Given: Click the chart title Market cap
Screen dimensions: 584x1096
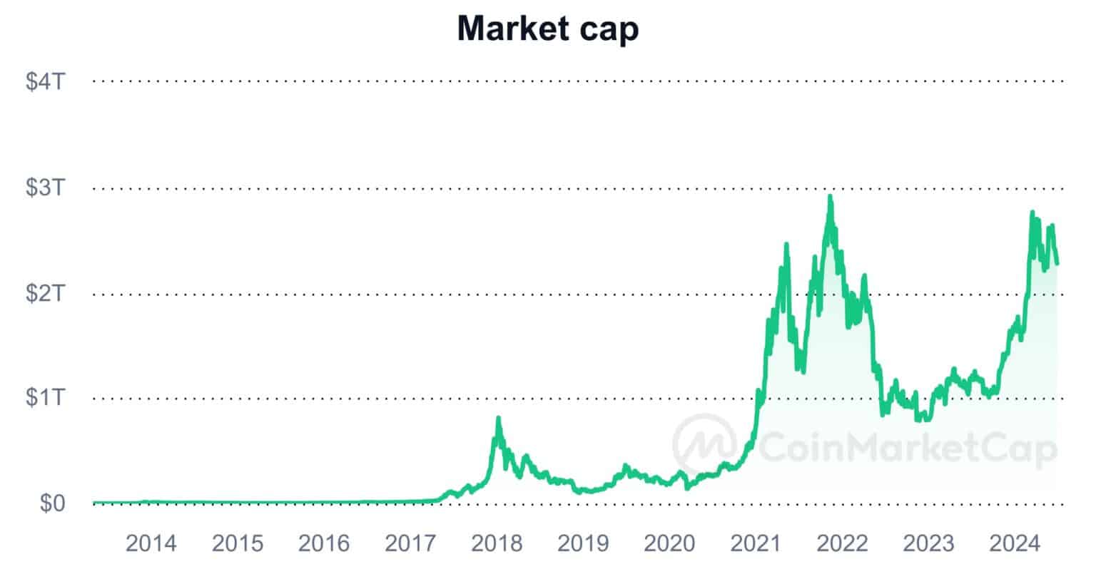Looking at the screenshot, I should (547, 29).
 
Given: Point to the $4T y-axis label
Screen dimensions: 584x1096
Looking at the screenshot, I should (45, 81).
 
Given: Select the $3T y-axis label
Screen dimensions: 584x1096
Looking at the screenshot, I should (45, 188).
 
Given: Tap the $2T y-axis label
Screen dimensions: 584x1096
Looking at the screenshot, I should (45, 292).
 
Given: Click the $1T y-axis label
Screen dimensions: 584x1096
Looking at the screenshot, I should (45, 397).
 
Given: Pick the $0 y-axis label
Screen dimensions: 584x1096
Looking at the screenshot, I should (52, 503).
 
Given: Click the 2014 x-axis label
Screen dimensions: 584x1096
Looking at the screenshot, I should (151, 543).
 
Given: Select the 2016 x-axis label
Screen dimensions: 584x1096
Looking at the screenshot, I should (323, 543).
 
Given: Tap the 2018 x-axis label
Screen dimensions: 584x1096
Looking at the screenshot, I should (497, 543).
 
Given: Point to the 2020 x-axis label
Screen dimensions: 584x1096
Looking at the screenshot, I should (669, 543).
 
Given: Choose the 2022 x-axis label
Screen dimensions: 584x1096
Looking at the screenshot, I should (842, 543).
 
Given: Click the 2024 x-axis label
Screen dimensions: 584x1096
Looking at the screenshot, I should (1015, 543).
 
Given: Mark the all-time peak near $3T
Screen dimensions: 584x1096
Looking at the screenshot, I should (829, 197).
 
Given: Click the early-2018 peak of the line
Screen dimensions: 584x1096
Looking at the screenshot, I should (498, 419).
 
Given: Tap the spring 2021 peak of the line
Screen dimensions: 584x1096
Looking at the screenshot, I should (786, 245).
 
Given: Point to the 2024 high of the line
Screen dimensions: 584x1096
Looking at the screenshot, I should (1032, 213).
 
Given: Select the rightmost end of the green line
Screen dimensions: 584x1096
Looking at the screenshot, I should (1057, 263).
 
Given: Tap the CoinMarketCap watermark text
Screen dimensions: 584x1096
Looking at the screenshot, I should (906, 449).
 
